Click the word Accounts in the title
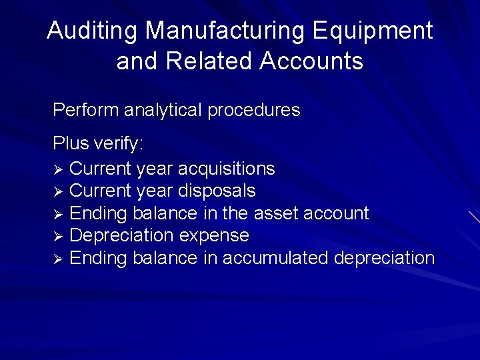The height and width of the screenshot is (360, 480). (x=311, y=61)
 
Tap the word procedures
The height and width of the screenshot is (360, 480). (x=254, y=110)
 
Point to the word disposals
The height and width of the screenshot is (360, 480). (x=217, y=191)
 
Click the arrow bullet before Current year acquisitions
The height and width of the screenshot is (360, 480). (x=58, y=169)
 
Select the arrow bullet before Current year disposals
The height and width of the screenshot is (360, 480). (x=58, y=191)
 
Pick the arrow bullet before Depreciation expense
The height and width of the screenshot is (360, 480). (x=58, y=236)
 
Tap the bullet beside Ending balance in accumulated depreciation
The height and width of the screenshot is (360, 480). (x=58, y=258)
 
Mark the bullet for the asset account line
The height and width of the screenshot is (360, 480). (x=58, y=214)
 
